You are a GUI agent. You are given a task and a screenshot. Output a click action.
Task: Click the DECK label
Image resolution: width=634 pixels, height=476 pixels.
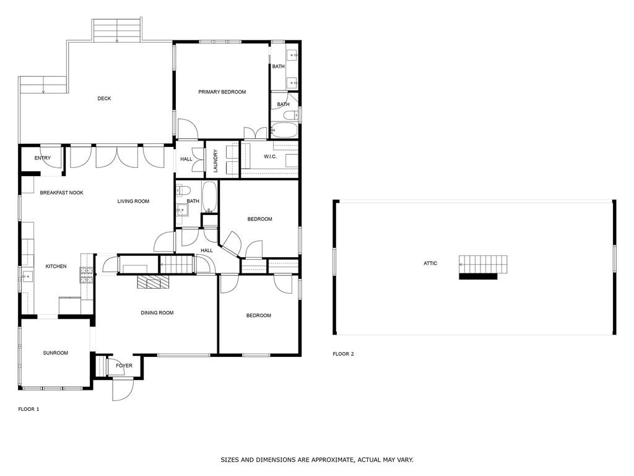104,99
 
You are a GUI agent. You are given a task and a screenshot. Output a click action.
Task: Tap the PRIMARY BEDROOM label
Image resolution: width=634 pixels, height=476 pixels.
222,92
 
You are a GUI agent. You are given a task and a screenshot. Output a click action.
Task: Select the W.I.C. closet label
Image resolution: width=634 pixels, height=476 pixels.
270,156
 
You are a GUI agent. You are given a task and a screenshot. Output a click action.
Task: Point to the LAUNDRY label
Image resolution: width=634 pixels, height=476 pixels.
215,160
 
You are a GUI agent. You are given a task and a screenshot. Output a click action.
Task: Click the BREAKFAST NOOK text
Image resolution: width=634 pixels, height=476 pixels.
61,193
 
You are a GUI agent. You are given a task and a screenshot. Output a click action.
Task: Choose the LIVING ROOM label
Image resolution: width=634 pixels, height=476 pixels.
133,201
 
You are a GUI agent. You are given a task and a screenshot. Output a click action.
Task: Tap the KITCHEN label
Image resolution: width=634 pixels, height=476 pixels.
56,267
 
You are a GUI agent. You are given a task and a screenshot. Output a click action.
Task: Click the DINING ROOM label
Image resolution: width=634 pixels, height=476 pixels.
157,313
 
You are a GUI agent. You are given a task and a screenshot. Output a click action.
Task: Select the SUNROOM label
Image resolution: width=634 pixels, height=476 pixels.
55,353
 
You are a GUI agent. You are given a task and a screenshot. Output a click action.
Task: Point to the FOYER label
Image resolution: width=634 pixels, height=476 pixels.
124,366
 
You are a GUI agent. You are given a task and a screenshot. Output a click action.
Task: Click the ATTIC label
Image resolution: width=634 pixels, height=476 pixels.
430,263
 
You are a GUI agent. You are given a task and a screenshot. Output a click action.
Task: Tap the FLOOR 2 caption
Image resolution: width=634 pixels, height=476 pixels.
343,354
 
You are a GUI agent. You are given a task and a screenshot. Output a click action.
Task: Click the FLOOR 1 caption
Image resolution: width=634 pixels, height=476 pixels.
28,409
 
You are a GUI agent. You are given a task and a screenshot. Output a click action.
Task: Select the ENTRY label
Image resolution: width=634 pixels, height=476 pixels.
43,158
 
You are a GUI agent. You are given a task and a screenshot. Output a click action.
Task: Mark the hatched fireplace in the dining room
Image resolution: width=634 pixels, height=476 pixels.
152,283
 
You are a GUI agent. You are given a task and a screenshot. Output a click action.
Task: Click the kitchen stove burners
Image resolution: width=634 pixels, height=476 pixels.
86,275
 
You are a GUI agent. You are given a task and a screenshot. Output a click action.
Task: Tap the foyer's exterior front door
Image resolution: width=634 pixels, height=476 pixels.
122,388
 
